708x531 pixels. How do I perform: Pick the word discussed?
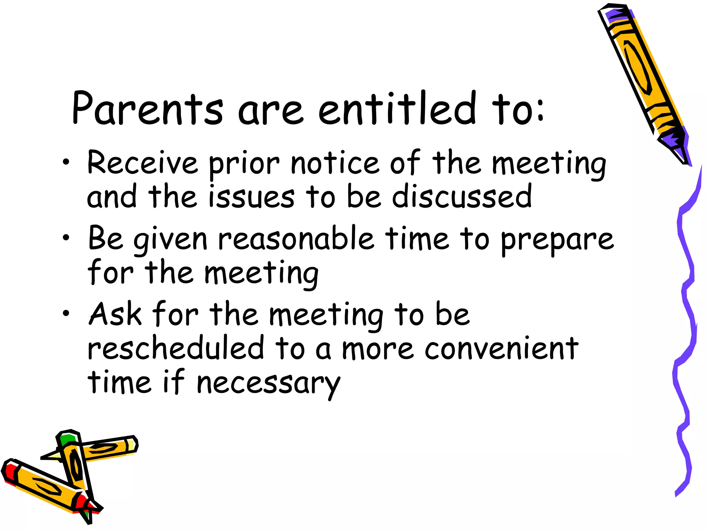pyautogui.click(x=462, y=197)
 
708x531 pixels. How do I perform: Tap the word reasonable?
pyautogui.click(x=296, y=239)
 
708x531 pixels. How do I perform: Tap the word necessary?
pyautogui.click(x=268, y=384)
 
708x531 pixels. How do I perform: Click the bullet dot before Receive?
pyautogui.click(x=66, y=161)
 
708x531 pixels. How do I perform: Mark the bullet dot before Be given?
pyautogui.click(x=66, y=237)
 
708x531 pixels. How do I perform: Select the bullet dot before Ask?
pyautogui.click(x=66, y=313)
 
